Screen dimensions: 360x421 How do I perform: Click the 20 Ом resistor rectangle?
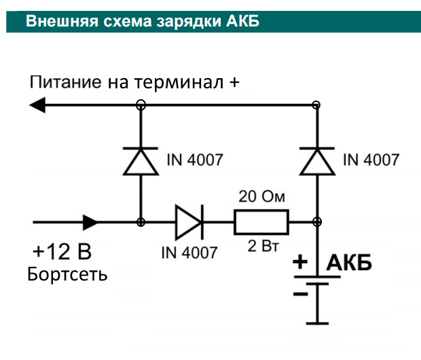pyautogui.click(x=261, y=221)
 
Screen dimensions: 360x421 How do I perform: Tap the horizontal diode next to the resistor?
pyautogui.click(x=187, y=221)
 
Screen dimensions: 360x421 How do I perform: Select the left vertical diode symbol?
pyautogui.click(x=141, y=162)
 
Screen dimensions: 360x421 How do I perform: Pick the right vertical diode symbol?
pyautogui.click(x=316, y=162)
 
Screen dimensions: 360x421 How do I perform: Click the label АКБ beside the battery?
pyautogui.click(x=350, y=263)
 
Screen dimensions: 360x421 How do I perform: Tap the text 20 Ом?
pyautogui.click(x=261, y=198)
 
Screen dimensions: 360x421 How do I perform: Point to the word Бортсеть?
pyautogui.click(x=67, y=276)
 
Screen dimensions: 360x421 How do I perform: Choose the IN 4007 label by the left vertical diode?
pyautogui.click(x=194, y=161)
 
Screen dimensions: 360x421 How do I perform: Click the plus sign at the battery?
pyautogui.click(x=301, y=262)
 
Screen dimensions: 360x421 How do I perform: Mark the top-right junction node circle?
pyautogui.click(x=316, y=105)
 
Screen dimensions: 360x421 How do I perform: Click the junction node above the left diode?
pyautogui.click(x=141, y=105)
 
